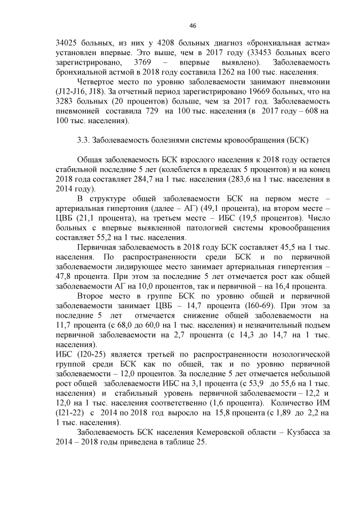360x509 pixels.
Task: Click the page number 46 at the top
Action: [x=192, y=26]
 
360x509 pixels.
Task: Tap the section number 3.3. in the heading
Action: [x=83, y=139]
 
